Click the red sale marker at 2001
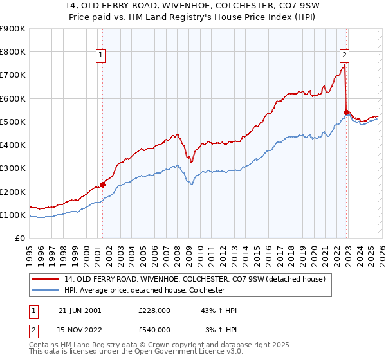(103, 185)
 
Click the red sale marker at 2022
(346, 113)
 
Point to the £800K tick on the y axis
(13, 52)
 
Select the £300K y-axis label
(13, 168)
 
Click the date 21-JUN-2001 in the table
(80, 310)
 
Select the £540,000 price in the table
(155, 330)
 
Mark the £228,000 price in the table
(155, 310)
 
